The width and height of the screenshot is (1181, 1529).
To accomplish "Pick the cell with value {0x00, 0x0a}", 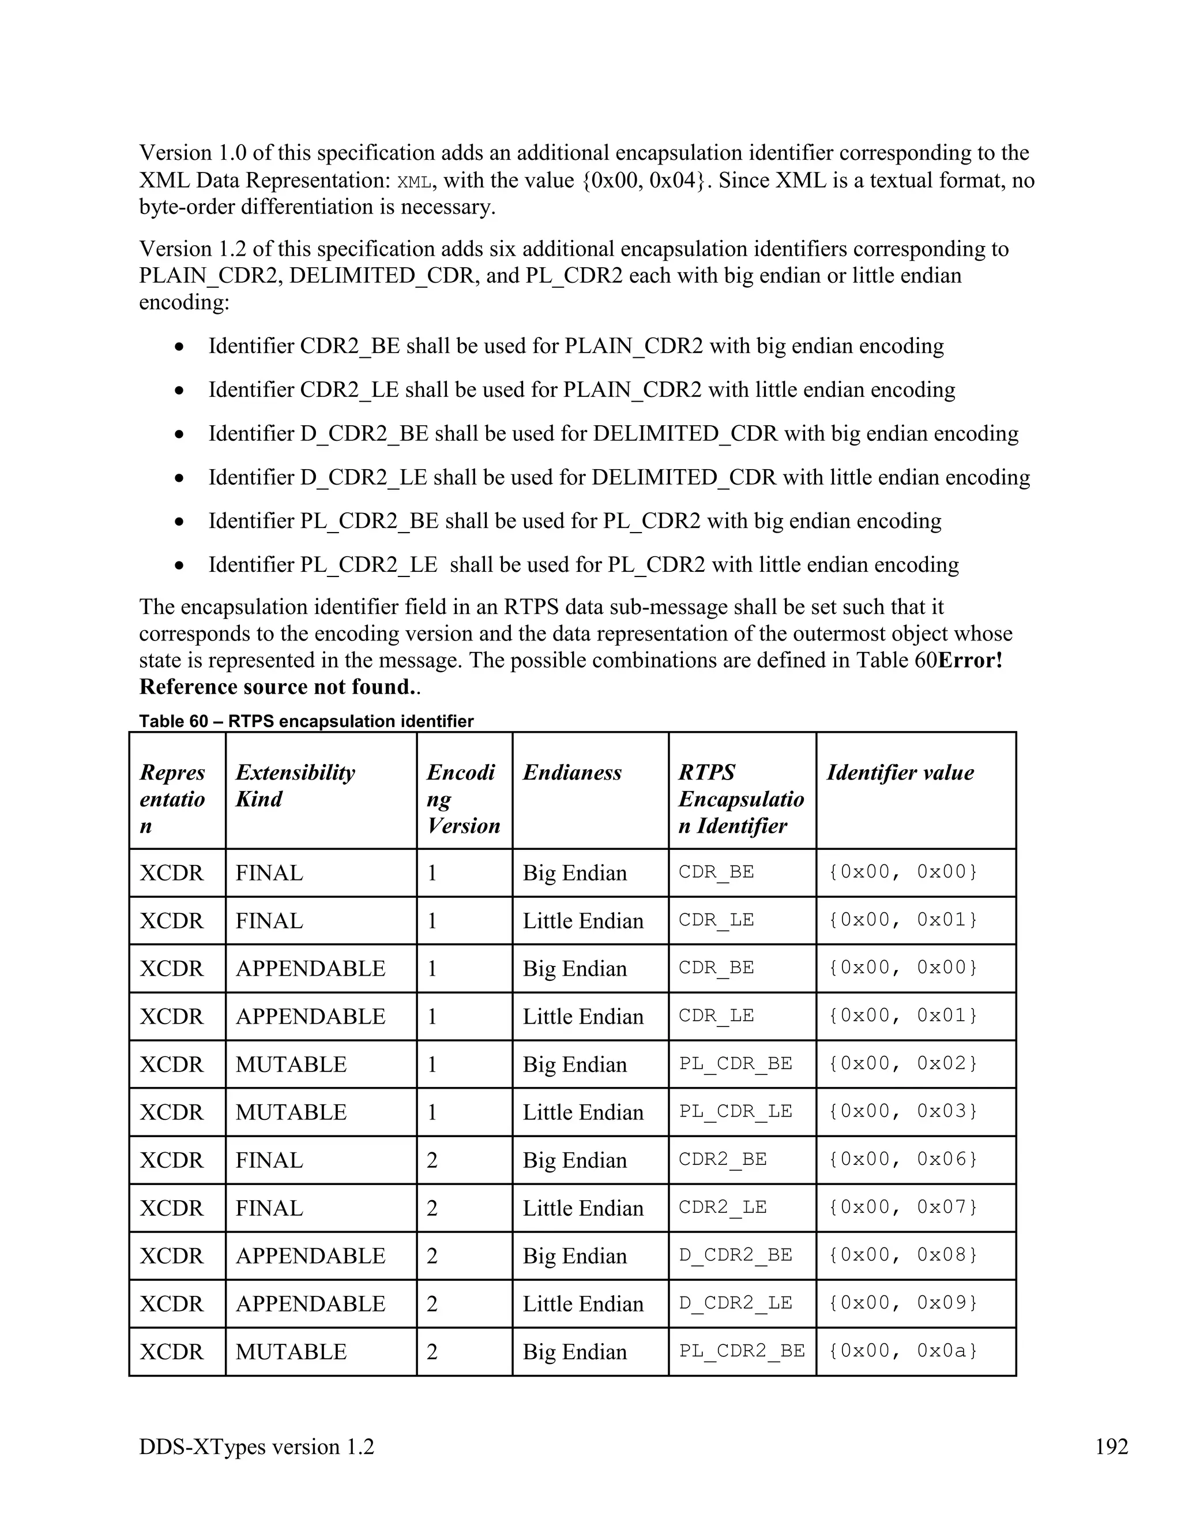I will tap(902, 1351).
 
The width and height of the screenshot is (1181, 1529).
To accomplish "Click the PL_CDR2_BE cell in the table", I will tap(742, 1351).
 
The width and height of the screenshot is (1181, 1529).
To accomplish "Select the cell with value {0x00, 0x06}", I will tap(902, 1159).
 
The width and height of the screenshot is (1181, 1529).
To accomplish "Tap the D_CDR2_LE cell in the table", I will tap(735, 1303).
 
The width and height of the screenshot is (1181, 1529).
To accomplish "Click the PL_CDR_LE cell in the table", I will tap(735, 1111).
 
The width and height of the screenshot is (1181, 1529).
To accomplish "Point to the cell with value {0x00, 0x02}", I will tap(902, 1063).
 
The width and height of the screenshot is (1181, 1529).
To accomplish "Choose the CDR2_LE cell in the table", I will tap(723, 1207).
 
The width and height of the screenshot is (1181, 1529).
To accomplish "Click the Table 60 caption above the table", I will tap(306, 721).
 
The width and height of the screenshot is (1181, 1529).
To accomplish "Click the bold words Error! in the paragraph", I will tap(970, 660).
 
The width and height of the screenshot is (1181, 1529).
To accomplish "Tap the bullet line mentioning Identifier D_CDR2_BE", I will tap(612, 433).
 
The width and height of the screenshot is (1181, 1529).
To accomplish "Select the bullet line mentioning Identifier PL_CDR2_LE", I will tap(583, 564).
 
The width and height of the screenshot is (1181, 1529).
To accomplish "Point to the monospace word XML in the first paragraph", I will tap(413, 182).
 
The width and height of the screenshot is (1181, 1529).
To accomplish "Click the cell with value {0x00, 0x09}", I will tap(902, 1303).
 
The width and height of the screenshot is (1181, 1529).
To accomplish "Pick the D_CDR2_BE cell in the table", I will tap(735, 1254).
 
